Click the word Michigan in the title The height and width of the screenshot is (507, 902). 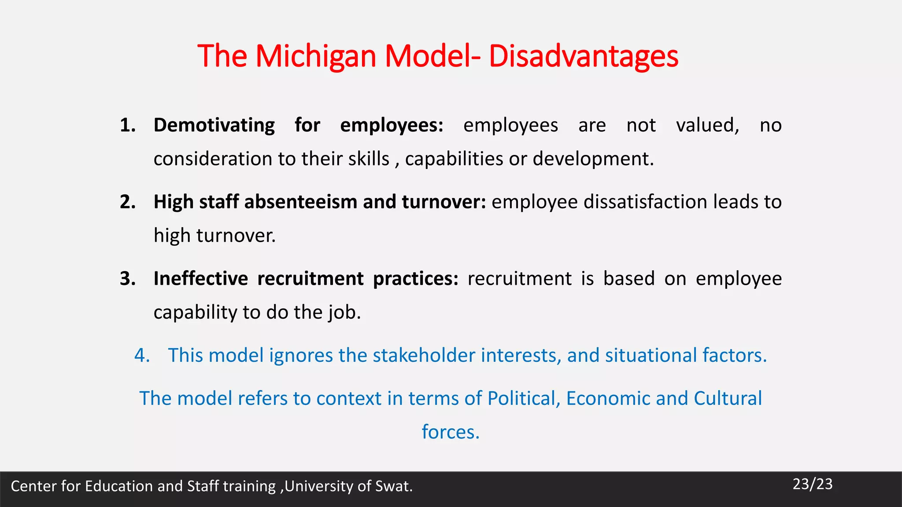pyautogui.click(x=315, y=56)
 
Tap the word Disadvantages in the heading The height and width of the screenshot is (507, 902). pyautogui.click(x=583, y=56)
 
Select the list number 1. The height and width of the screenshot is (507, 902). pyautogui.click(x=127, y=125)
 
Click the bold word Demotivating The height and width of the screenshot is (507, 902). pyautogui.click(x=214, y=125)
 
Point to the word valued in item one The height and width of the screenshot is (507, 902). pyautogui.click(x=707, y=125)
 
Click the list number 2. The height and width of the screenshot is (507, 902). pyautogui.click(x=127, y=202)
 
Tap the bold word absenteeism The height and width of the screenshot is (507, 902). pyautogui.click(x=301, y=202)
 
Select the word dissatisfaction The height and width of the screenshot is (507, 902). pyautogui.click(x=646, y=202)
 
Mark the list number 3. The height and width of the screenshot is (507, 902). pyautogui.click(x=127, y=279)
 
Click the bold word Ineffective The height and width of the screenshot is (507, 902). pyautogui.click(x=201, y=279)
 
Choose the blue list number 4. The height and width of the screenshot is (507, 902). pyautogui.click(x=142, y=356)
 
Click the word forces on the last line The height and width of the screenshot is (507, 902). pyautogui.click(x=450, y=432)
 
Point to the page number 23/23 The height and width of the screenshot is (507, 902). pyautogui.click(x=813, y=484)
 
